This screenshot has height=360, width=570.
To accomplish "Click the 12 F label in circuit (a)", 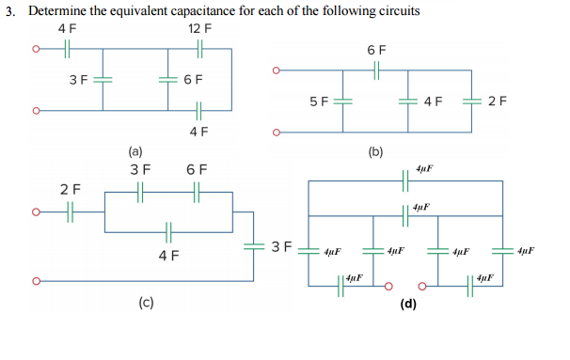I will click(x=199, y=28).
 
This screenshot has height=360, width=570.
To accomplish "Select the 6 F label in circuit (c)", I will click(x=197, y=169).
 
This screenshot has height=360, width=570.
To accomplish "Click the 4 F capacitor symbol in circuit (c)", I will click(x=168, y=230).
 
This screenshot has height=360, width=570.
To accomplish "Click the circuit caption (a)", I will click(x=137, y=149).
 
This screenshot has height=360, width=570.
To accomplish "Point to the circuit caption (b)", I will click(x=375, y=149).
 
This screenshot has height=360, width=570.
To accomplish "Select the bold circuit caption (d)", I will click(x=408, y=303).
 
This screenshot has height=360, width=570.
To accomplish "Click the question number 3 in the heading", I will click(x=8, y=9).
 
